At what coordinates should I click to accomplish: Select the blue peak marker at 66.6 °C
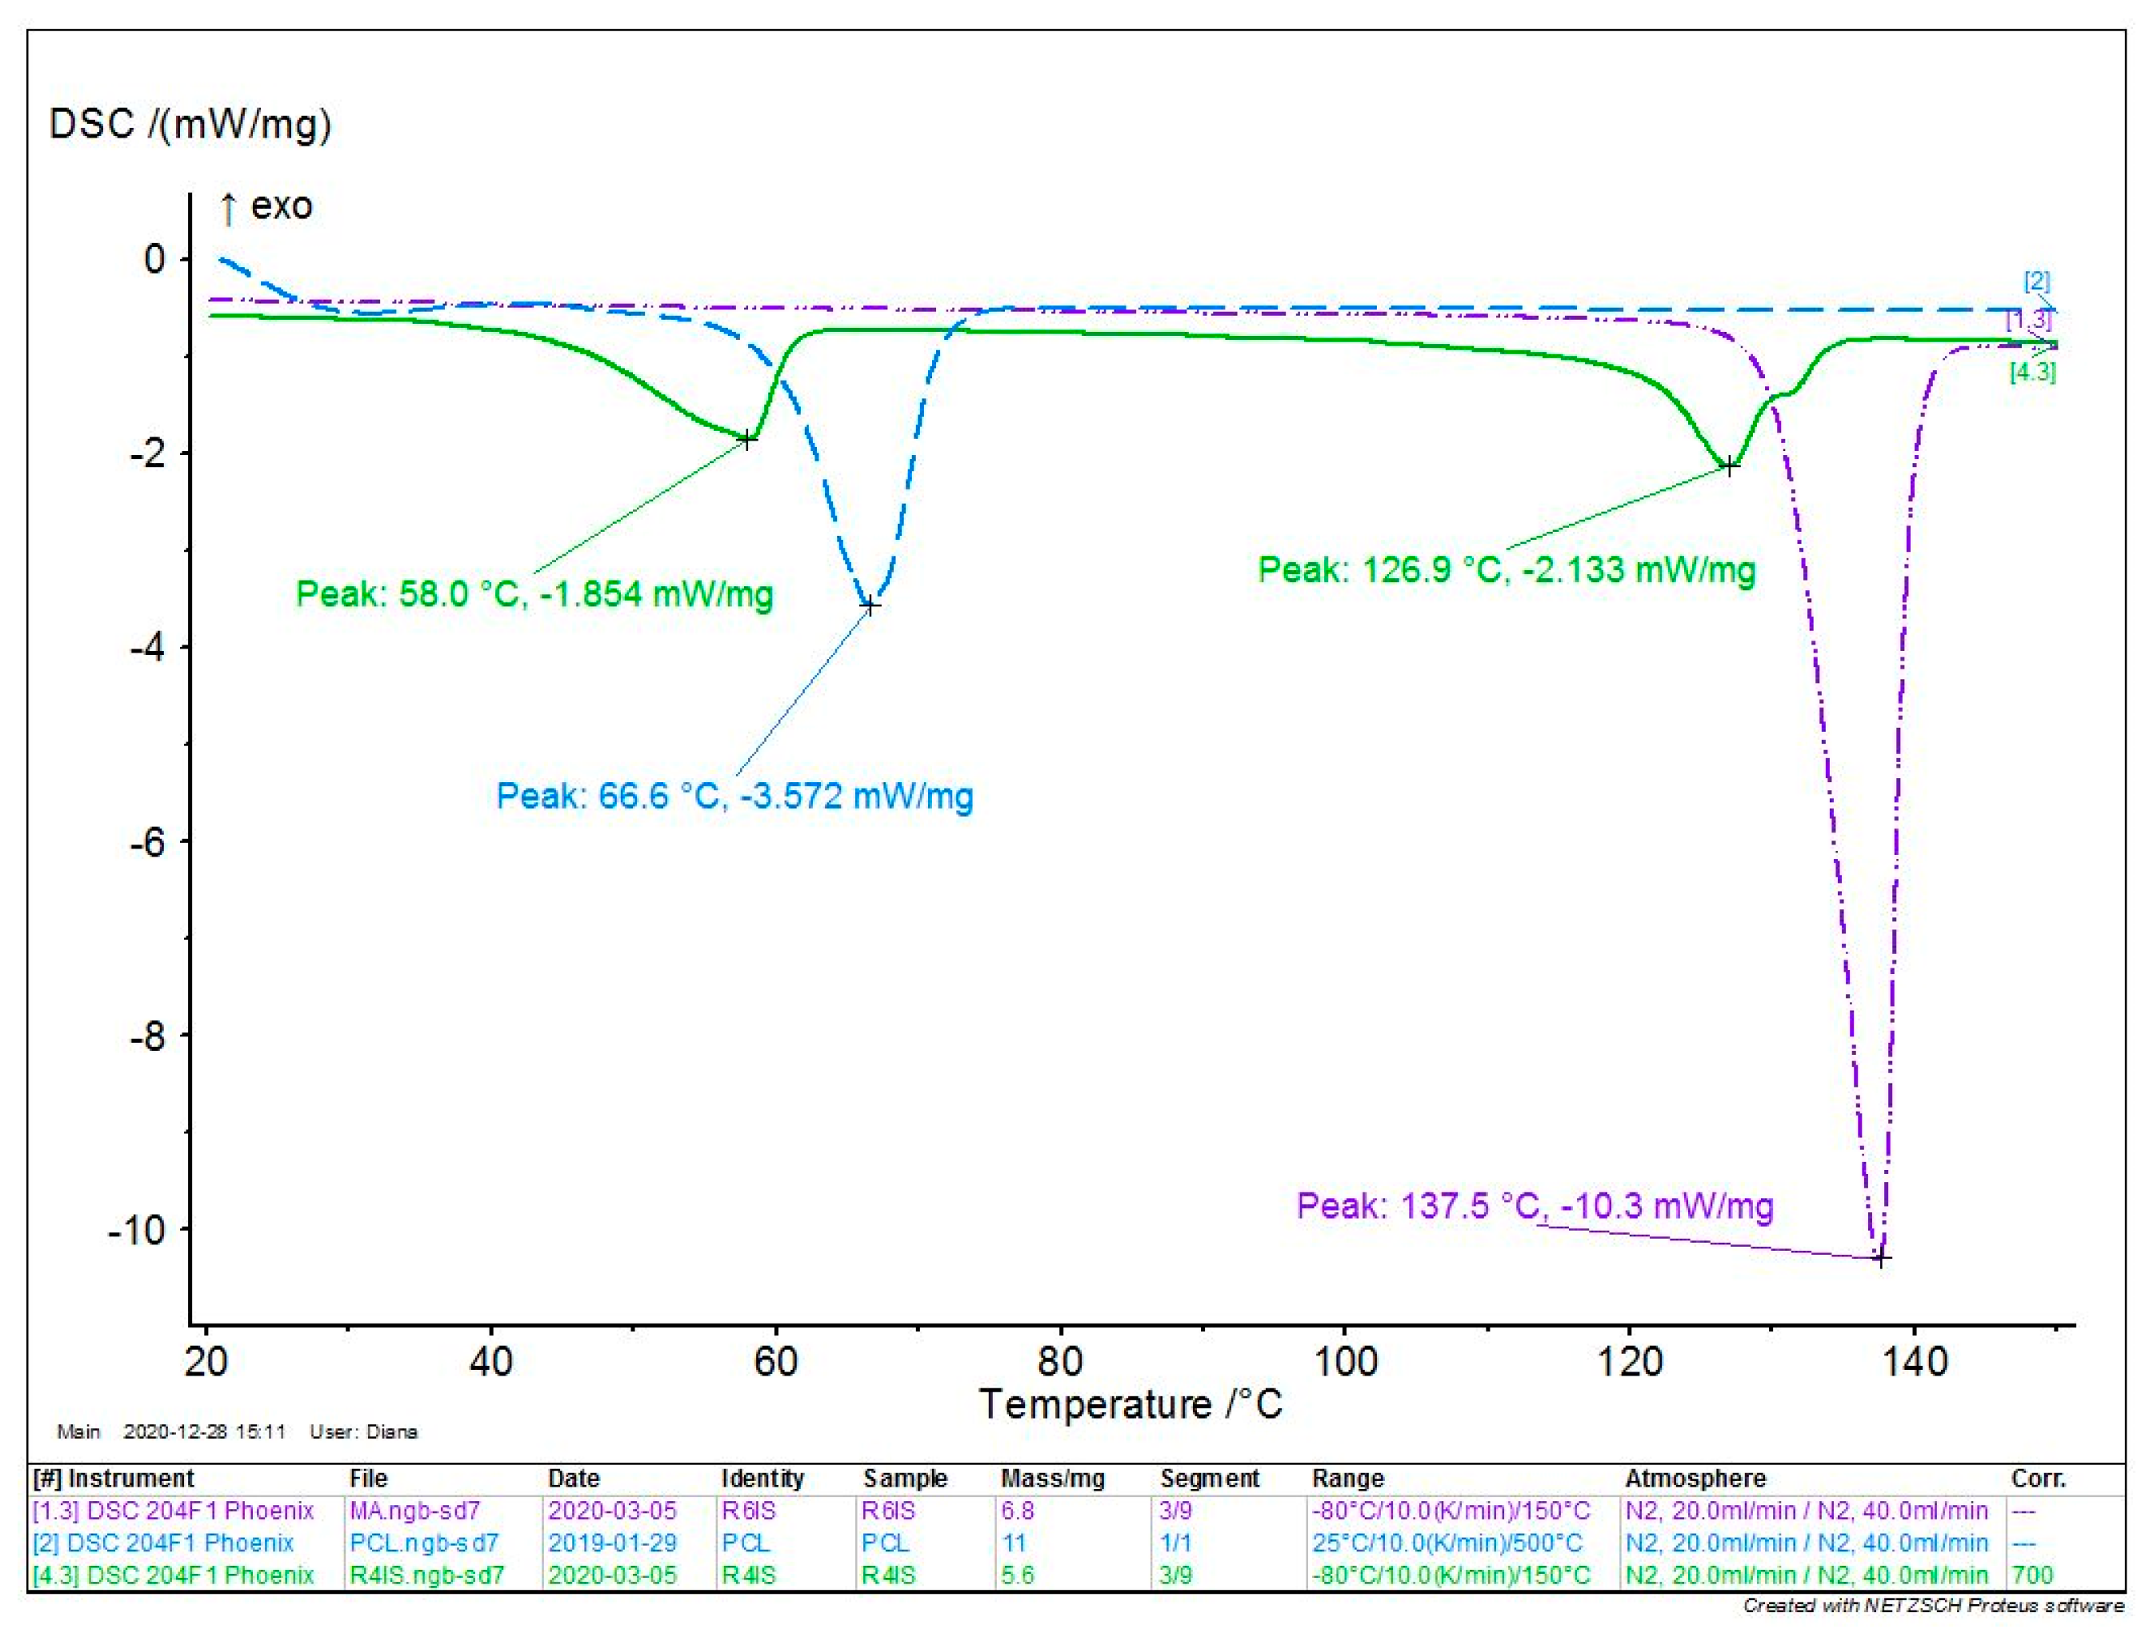870,605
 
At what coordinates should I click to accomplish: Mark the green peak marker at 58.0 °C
746,439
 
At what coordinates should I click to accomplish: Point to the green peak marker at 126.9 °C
1730,466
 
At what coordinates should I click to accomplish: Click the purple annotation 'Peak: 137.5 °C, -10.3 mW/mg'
1535,1206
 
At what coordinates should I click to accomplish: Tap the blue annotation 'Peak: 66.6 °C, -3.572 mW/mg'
734,795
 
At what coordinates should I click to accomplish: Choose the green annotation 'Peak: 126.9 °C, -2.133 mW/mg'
1506,569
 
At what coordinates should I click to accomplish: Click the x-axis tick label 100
1344,1360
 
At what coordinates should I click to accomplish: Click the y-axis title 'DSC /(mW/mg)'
190,125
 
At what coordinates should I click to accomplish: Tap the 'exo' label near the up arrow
282,206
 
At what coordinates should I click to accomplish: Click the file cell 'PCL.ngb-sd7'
423,1543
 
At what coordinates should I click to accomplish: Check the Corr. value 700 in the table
2031,1575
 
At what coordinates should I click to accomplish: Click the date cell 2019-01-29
611,1543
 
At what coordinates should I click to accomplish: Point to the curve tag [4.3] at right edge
2032,372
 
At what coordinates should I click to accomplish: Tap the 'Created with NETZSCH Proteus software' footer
1932,1605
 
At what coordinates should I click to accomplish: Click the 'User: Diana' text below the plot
363,1431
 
